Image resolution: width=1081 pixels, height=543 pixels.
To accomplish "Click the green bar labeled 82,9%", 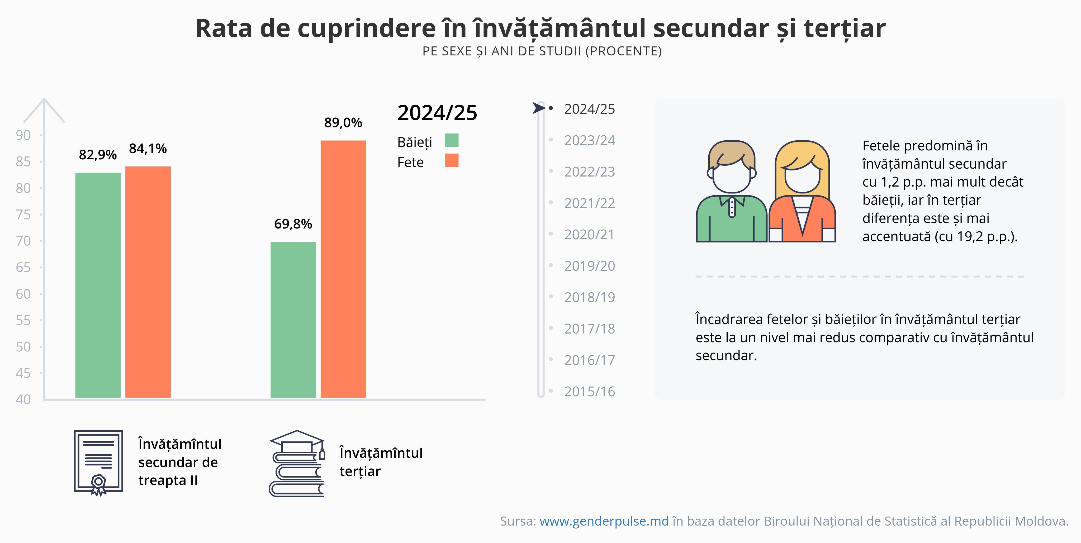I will tap(98, 285).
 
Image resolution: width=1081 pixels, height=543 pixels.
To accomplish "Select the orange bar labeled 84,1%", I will tap(148, 282).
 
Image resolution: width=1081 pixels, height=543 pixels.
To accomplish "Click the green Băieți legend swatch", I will tap(452, 140).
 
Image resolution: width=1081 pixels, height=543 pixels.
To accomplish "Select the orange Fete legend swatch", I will tap(452, 160).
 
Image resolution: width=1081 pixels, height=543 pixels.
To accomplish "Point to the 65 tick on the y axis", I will tap(23, 267).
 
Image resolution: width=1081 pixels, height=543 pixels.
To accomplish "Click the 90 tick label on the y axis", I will tap(23, 135).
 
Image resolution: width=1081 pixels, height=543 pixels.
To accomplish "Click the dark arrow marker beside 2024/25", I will tap(538, 108).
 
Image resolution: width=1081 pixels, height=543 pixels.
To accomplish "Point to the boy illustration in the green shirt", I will tap(731, 193).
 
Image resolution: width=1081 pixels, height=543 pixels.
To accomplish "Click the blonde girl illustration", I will tap(802, 193).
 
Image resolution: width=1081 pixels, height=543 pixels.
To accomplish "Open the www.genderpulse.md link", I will tap(604, 521).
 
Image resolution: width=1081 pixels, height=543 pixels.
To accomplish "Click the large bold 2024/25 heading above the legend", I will tap(437, 113).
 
